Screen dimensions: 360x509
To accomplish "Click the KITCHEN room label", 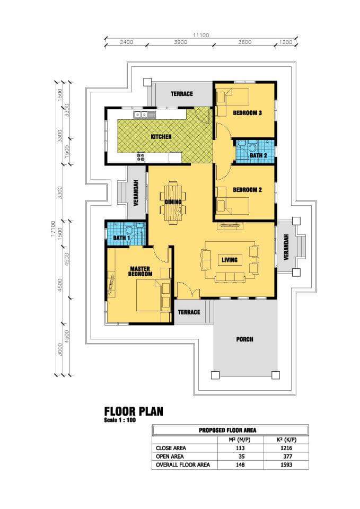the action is pyautogui.click(x=161, y=137).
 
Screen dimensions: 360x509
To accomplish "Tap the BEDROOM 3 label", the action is pyautogui.click(x=248, y=113).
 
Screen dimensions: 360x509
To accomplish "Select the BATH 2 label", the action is pyautogui.click(x=258, y=155).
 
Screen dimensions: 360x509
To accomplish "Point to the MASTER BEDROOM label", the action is pyautogui.click(x=140, y=271).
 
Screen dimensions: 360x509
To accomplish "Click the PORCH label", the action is pyautogui.click(x=245, y=339).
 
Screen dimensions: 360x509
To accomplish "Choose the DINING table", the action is pyautogui.click(x=173, y=203).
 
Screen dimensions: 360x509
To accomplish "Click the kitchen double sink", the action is pyautogui.click(x=140, y=115).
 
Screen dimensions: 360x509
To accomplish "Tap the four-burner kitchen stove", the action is pyautogui.click(x=141, y=157).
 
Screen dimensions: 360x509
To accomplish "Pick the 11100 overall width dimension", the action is pyautogui.click(x=201, y=35).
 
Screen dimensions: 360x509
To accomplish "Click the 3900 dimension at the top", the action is pyautogui.click(x=180, y=42).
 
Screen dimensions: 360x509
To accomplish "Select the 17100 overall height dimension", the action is pyautogui.click(x=53, y=229).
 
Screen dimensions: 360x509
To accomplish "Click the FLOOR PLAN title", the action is pyautogui.click(x=134, y=411).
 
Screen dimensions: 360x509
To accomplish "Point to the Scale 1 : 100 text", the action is pyautogui.click(x=120, y=420).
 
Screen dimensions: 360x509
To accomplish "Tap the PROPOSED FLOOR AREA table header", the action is pyautogui.click(x=227, y=431).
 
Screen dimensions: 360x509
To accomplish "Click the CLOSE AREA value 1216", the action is pyautogui.click(x=286, y=448).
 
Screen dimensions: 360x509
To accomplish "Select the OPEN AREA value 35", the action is pyautogui.click(x=241, y=457).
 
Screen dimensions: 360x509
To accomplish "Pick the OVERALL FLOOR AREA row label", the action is pyautogui.click(x=183, y=465).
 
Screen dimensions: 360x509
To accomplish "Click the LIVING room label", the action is pyautogui.click(x=230, y=260).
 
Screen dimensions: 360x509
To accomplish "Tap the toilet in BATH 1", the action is pyautogui.click(x=130, y=230).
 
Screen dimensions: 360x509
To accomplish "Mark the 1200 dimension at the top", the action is pyautogui.click(x=286, y=42).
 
